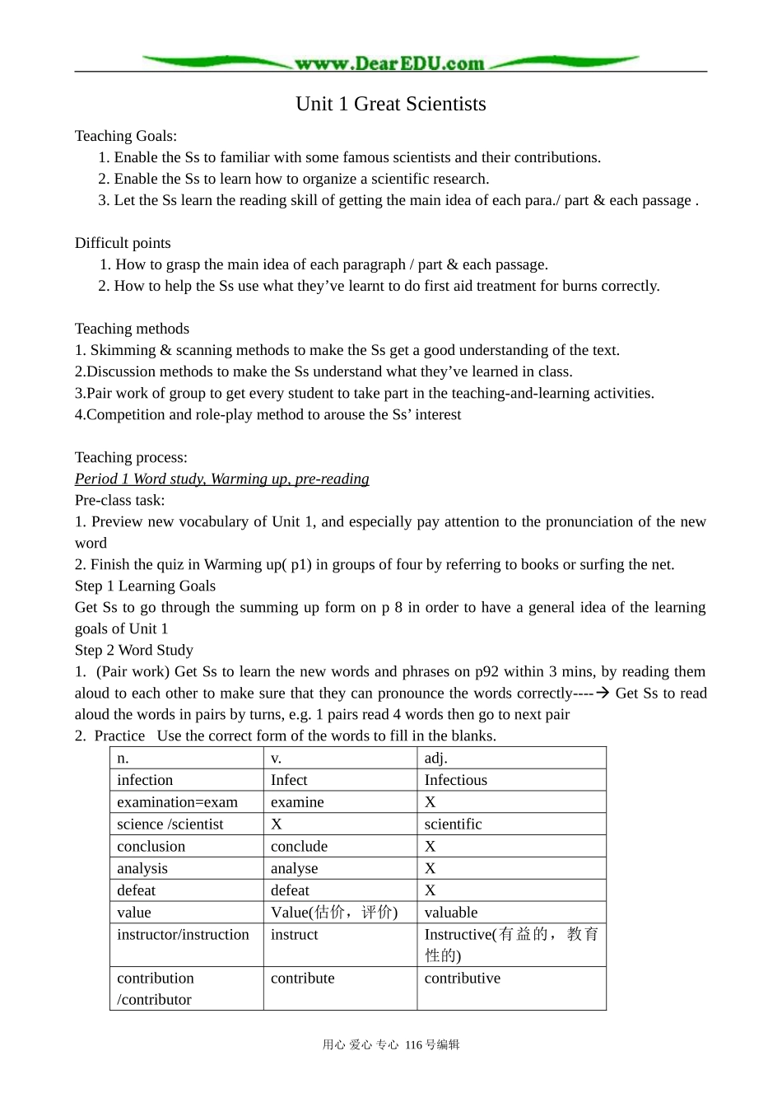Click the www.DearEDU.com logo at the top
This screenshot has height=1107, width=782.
(x=389, y=63)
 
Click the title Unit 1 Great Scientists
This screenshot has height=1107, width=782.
(x=391, y=104)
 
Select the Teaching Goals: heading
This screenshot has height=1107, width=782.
(x=126, y=136)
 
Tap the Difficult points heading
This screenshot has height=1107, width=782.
(x=123, y=243)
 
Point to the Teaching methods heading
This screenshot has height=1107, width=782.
(x=132, y=329)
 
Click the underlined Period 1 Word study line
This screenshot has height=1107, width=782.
(x=221, y=479)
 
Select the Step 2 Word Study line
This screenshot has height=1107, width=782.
(x=134, y=650)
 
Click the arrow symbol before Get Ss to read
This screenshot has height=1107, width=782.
(x=602, y=693)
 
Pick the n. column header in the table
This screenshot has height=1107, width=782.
(x=123, y=759)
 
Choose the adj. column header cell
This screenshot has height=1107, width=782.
(x=436, y=759)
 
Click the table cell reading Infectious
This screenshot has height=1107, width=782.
(x=456, y=780)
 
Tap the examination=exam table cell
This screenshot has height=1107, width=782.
(x=177, y=802)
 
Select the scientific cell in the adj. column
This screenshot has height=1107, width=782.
(x=454, y=824)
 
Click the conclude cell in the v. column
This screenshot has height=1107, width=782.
(x=299, y=847)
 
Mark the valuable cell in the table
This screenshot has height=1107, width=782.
(x=451, y=913)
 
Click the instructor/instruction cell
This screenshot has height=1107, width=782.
(x=183, y=935)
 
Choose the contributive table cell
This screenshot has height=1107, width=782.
(x=463, y=979)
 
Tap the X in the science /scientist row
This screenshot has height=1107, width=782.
(x=277, y=824)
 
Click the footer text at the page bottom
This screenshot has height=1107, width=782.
(x=391, y=1044)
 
